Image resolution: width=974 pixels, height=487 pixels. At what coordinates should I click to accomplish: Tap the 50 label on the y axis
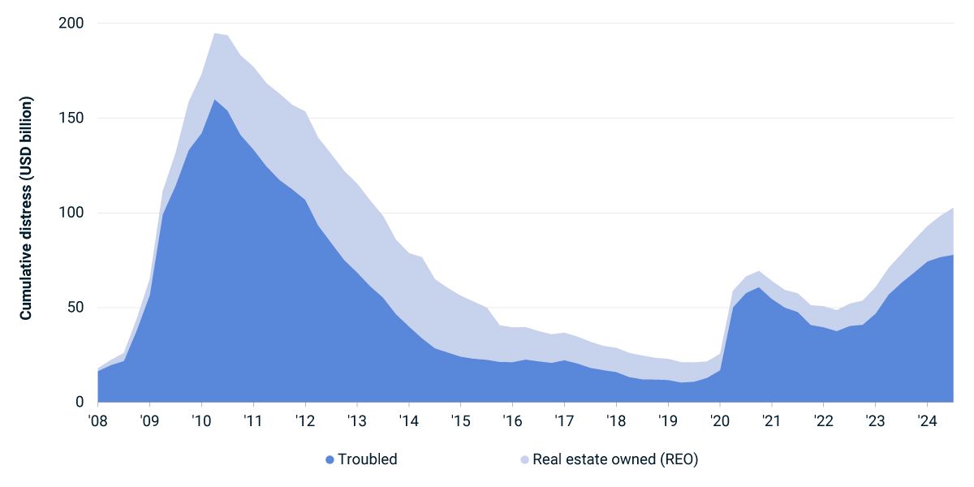click(74, 308)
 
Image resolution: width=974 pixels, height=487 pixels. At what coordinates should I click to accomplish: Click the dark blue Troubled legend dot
click(330, 459)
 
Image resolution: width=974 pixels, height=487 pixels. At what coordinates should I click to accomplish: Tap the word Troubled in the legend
click(368, 459)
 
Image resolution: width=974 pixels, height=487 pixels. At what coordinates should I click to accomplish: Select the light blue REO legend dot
click(524, 459)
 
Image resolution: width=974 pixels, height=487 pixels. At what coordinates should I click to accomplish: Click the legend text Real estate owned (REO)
click(615, 459)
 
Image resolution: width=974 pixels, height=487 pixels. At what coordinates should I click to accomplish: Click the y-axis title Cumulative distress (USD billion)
click(27, 209)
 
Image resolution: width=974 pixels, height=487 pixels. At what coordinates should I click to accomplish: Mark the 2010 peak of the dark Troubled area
click(214, 100)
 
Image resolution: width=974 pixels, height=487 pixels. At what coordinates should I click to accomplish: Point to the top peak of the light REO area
click(214, 33)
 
